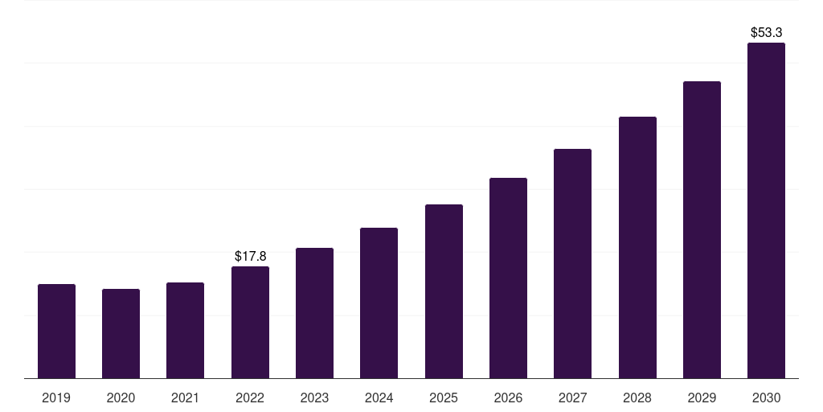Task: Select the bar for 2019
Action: tap(56, 331)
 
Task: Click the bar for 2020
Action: tap(121, 333)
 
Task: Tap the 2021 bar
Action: tap(185, 330)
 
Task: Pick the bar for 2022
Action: tap(250, 322)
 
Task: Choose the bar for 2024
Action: tap(379, 303)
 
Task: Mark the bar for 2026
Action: tap(508, 278)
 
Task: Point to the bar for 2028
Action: tap(637, 247)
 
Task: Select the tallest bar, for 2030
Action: tap(766, 210)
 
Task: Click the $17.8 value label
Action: tap(250, 256)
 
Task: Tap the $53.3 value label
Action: tap(766, 33)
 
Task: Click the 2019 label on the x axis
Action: tap(56, 398)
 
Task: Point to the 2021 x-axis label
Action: tap(185, 398)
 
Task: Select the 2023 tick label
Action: tap(314, 398)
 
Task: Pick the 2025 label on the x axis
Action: tap(444, 398)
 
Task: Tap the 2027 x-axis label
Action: tap(572, 398)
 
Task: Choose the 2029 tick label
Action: tap(702, 398)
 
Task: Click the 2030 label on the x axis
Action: tap(766, 398)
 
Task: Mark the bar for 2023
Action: tap(314, 313)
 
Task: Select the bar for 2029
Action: tap(702, 229)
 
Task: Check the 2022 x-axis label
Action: tap(250, 398)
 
